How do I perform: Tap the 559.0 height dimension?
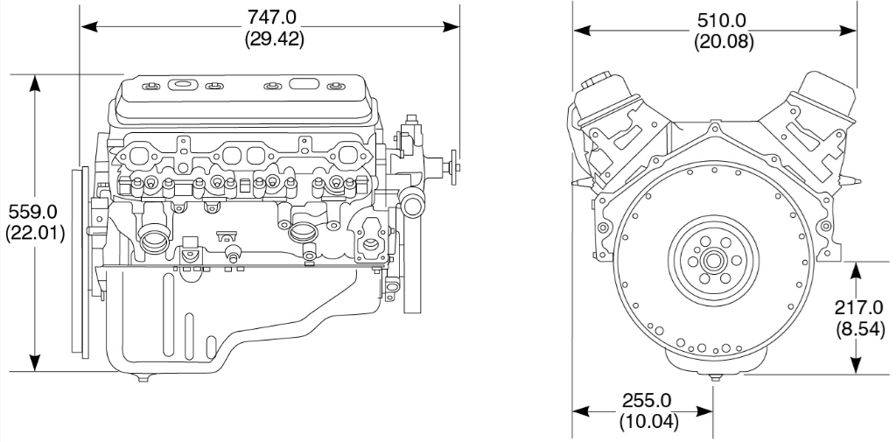pyautogui.click(x=32, y=212)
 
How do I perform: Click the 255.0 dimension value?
pyautogui.click(x=647, y=400)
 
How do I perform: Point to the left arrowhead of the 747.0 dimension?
pyautogui.click(x=86, y=28)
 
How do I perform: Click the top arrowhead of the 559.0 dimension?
pyautogui.click(x=35, y=80)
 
